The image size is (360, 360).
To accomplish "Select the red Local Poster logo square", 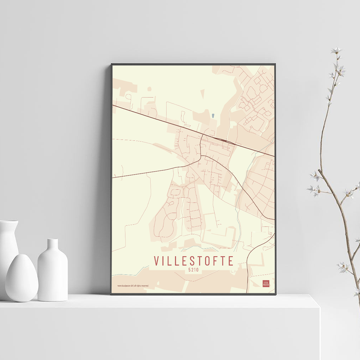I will [x=266, y=283].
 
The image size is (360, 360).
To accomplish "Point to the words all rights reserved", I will [x=141, y=286].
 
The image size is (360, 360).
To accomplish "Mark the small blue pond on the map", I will [x=213, y=116].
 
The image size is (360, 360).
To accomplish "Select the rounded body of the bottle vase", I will [x=53, y=277].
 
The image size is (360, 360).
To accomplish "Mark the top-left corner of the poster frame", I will [x=112, y=64].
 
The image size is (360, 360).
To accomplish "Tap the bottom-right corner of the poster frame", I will [x=275, y=294].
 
